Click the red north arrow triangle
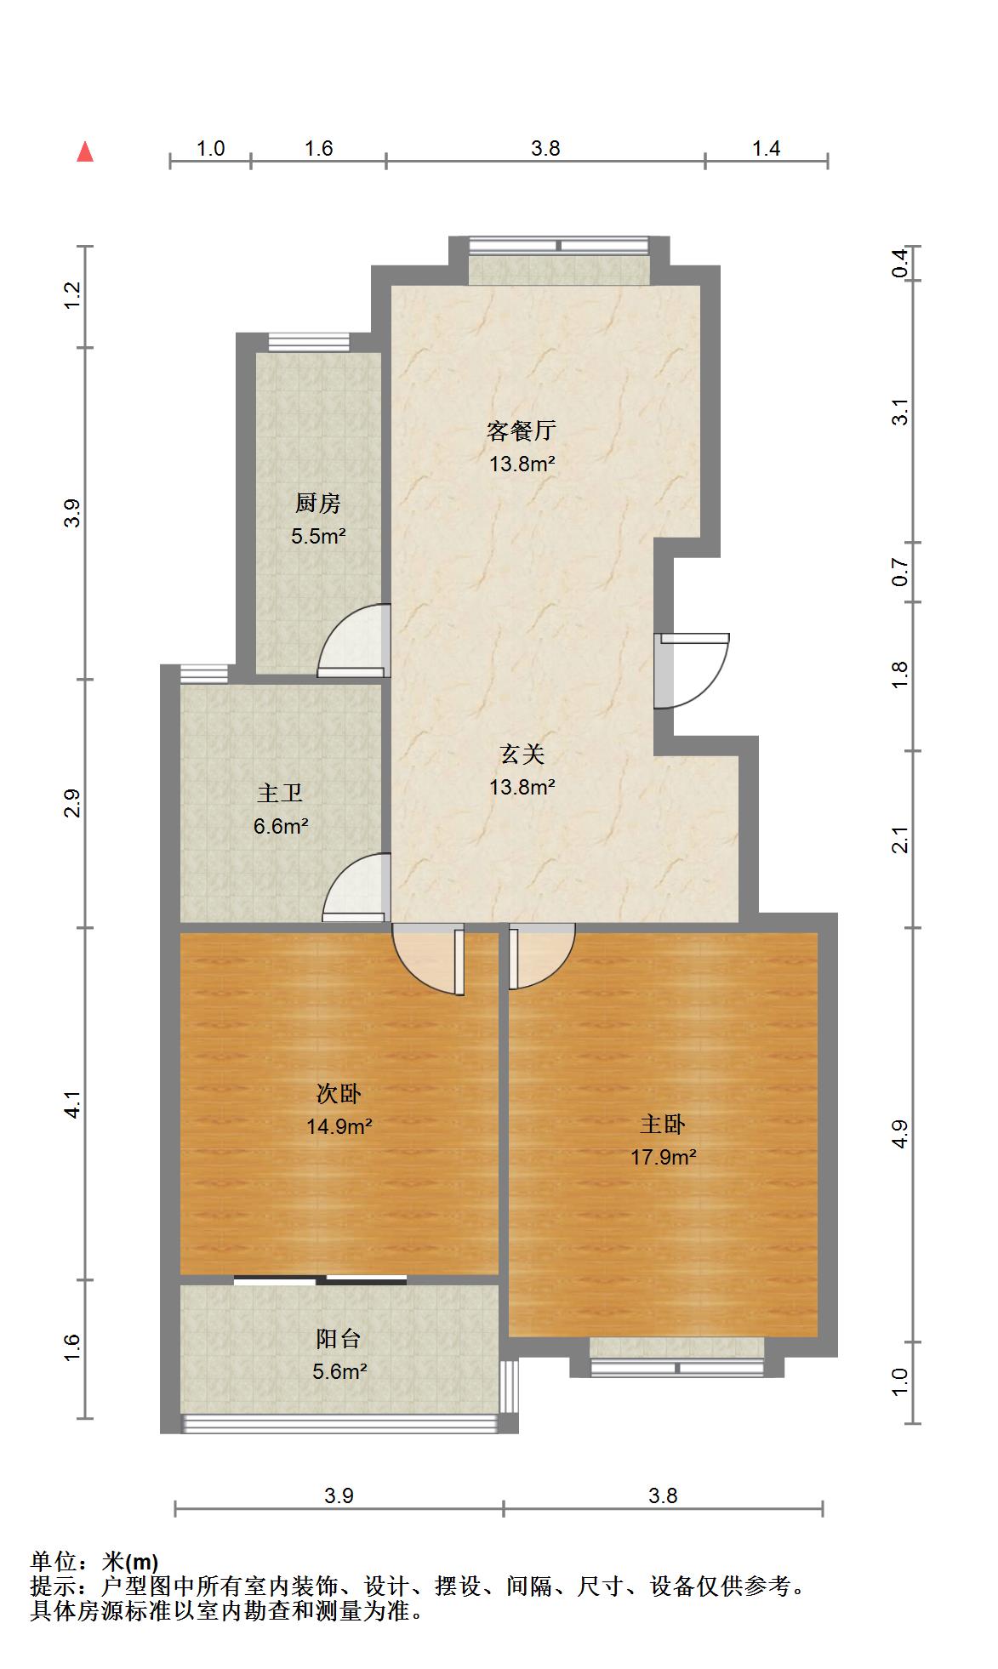pyautogui.click(x=85, y=151)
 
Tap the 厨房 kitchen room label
pyautogui.click(x=318, y=504)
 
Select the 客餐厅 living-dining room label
pyautogui.click(x=522, y=430)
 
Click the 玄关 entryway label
pyautogui.click(x=522, y=754)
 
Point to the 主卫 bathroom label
pyautogui.click(x=280, y=793)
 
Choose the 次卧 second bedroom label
pyautogui.click(x=339, y=1093)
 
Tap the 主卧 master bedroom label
pyautogui.click(x=663, y=1124)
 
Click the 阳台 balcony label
pyautogui.click(x=339, y=1338)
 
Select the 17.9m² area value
pyautogui.click(x=663, y=1157)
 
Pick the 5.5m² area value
pyautogui.click(x=318, y=536)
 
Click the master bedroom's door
pyautogui.click(x=542, y=957)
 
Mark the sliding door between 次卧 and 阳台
pyautogui.click(x=320, y=1279)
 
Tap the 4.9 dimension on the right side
pyautogui.click(x=901, y=1134)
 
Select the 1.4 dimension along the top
pyautogui.click(x=766, y=149)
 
